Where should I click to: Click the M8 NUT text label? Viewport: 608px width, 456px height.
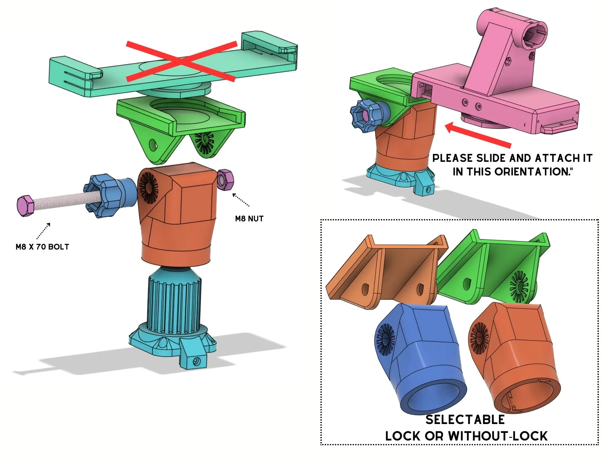tap(249, 218)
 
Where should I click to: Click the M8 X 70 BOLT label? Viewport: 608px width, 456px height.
tap(42, 247)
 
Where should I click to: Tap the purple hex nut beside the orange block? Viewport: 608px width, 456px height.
tap(225, 180)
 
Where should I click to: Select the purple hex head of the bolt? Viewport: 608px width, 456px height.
tap(25, 206)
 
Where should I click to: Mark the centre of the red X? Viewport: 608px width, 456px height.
tap(181, 61)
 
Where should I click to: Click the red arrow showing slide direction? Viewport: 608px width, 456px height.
tap(478, 135)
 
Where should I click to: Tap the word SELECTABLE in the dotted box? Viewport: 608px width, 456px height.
tap(465, 420)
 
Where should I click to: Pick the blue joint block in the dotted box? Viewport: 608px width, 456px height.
tap(417, 358)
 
